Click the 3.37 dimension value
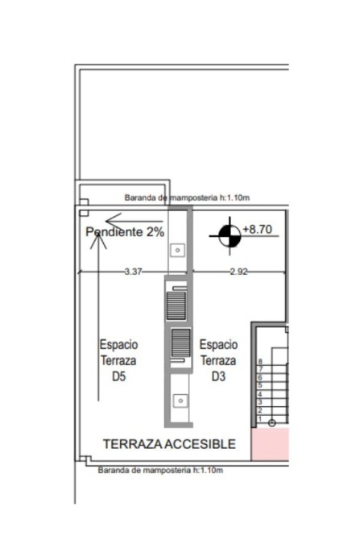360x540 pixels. click(x=133, y=272)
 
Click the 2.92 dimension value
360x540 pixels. click(x=238, y=272)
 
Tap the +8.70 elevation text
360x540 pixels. click(x=258, y=229)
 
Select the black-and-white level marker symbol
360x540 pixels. click(x=230, y=236)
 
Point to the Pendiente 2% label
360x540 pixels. click(x=125, y=232)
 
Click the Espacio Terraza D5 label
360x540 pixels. click(x=118, y=360)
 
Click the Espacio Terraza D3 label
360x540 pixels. click(x=218, y=360)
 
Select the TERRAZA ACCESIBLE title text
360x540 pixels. click(x=169, y=444)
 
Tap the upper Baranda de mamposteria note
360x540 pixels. click(x=187, y=197)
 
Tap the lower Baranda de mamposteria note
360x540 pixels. click(x=160, y=470)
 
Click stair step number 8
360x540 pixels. click(x=260, y=362)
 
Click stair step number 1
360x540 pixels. click(x=260, y=419)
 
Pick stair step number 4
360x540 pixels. click(x=260, y=394)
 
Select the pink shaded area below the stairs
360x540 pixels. click(x=270, y=444)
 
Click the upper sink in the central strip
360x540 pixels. click(x=178, y=250)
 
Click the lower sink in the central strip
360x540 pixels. click(x=180, y=401)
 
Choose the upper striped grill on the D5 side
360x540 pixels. click(x=176, y=305)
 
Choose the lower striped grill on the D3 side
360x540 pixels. click(x=180, y=343)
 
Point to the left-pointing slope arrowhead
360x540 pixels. click(x=114, y=220)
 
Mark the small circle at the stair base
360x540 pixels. click(x=272, y=422)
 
